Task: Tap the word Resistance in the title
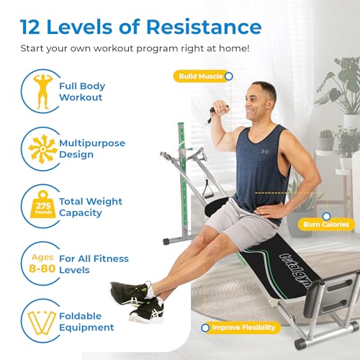coord(204,27)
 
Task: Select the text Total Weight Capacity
coord(91,207)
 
